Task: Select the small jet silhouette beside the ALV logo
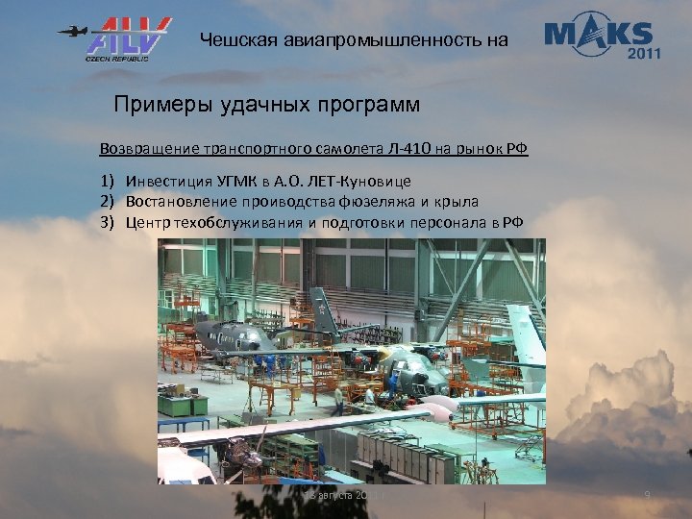click(70, 31)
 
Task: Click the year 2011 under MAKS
click(643, 53)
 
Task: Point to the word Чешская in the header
click(235, 40)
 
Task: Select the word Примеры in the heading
click(159, 103)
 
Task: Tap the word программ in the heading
click(370, 103)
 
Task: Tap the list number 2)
click(107, 202)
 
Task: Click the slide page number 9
click(647, 495)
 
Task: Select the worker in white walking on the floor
click(337, 399)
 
